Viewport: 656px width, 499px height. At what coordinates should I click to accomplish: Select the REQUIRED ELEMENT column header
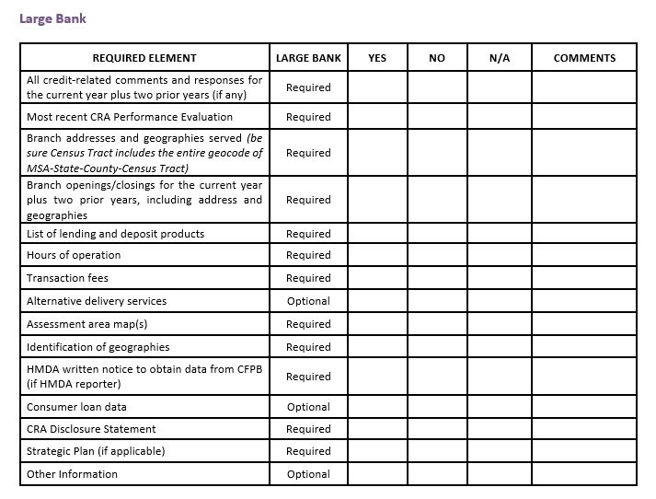click(x=144, y=58)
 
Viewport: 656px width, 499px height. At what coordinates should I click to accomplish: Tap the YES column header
click(x=377, y=58)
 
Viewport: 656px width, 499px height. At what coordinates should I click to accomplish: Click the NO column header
click(x=437, y=58)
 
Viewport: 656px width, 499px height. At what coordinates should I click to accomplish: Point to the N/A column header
click(x=500, y=58)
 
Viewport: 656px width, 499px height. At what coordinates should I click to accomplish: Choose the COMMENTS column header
click(x=584, y=58)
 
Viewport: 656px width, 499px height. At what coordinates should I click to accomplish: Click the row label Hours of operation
click(x=74, y=255)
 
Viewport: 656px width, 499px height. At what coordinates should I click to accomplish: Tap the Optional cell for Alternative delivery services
click(x=308, y=301)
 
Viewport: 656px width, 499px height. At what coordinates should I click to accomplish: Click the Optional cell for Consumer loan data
click(x=308, y=407)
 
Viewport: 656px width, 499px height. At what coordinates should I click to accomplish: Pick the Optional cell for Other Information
click(x=308, y=474)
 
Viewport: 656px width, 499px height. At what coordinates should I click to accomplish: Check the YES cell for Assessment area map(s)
click(x=377, y=324)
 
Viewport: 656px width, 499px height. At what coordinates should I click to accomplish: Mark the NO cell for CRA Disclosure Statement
click(x=437, y=429)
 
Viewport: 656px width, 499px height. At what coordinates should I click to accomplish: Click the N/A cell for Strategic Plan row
click(x=500, y=451)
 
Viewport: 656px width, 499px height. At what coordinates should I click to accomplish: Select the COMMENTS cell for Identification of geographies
click(x=584, y=347)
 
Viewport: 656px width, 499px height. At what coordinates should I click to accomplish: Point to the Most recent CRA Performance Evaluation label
click(x=130, y=117)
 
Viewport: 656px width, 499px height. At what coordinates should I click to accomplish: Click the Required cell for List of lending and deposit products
click(x=308, y=234)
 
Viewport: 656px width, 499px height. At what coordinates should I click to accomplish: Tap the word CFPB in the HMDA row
click(x=247, y=369)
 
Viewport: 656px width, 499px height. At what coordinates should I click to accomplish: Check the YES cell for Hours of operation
click(x=377, y=255)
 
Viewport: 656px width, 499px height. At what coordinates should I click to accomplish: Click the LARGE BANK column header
click(x=308, y=58)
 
